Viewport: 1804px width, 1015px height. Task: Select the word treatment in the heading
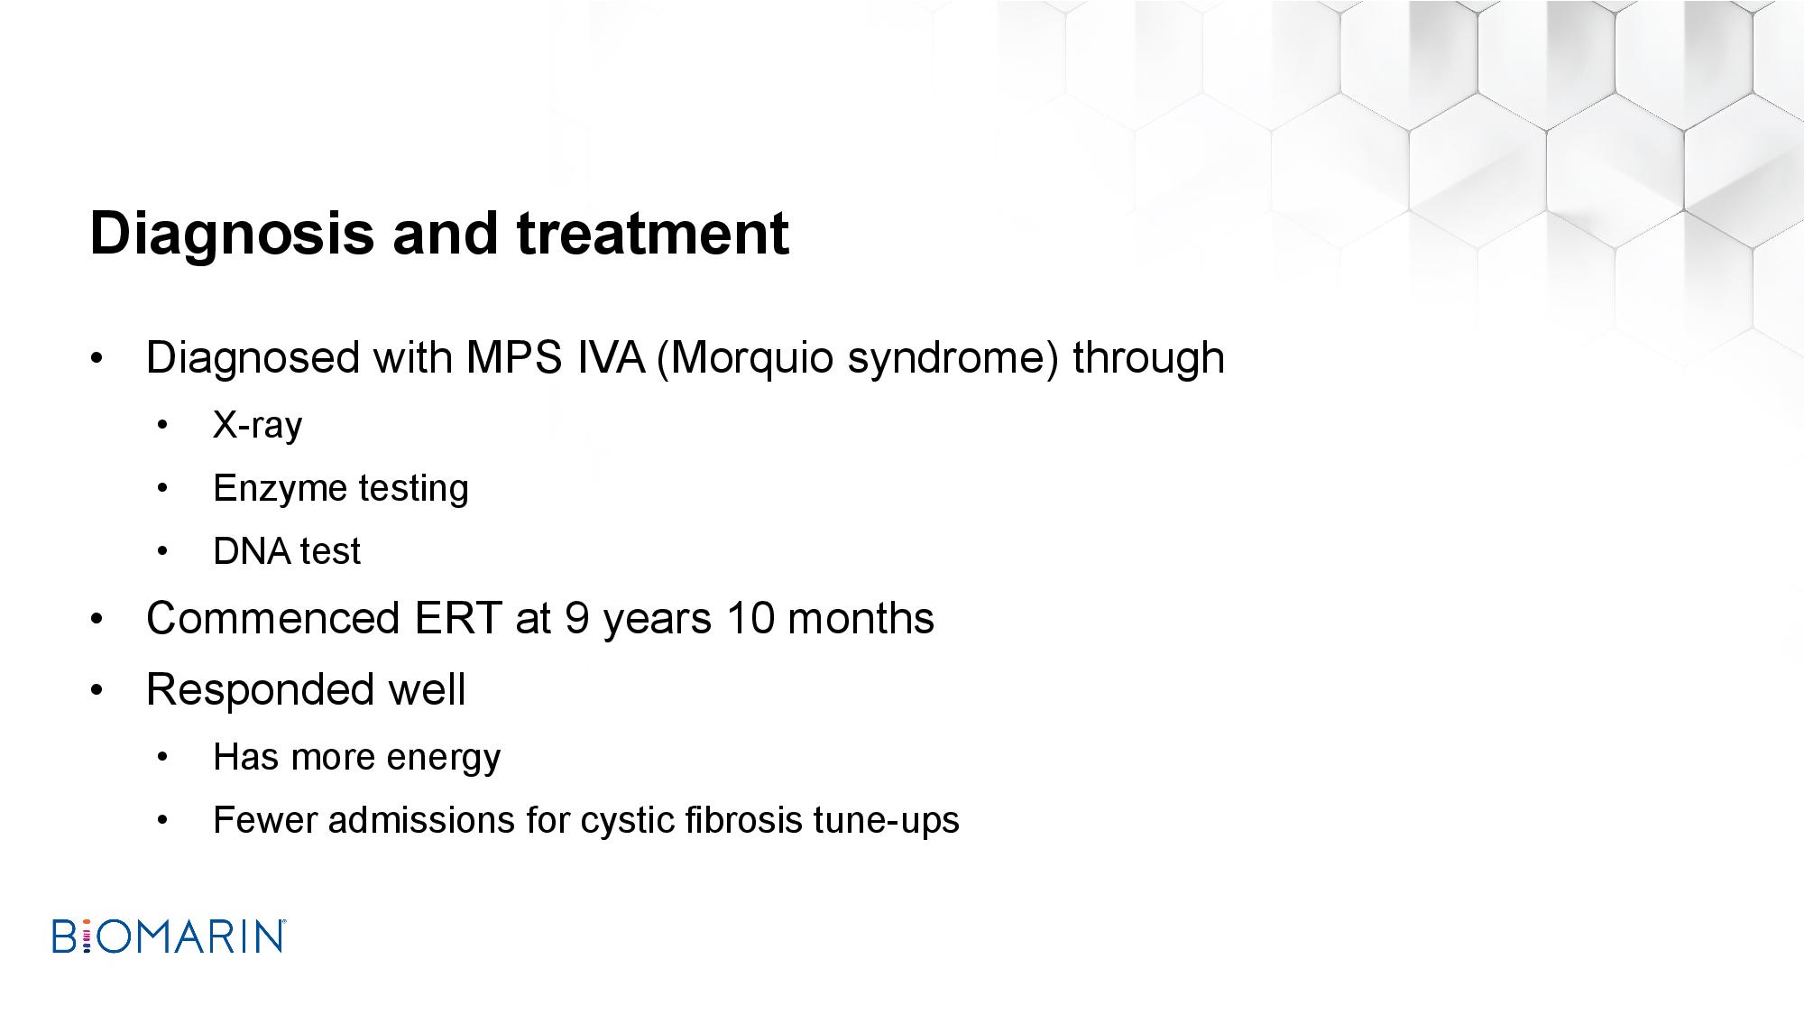click(x=653, y=233)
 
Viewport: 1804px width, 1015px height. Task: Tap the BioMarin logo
click(x=169, y=937)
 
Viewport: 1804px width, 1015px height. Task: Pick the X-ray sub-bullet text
click(x=258, y=425)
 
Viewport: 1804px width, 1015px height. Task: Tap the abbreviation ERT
click(x=457, y=619)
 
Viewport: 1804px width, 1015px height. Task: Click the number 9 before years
click(x=577, y=619)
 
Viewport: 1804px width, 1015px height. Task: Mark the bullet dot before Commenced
click(x=97, y=620)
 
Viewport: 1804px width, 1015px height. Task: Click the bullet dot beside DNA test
click(x=162, y=552)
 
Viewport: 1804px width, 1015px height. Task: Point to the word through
click(x=1148, y=358)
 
